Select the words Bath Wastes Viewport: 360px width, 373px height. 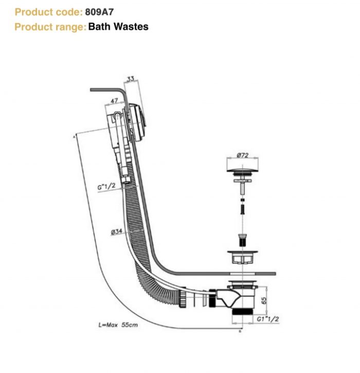118,26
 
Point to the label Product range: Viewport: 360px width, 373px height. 50,26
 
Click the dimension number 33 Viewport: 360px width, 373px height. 130,79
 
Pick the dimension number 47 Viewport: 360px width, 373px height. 115,102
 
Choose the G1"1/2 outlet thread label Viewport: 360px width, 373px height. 267,320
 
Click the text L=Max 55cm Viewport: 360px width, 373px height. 118,325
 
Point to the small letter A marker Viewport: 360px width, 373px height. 75,136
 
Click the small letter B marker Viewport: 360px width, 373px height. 241,331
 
